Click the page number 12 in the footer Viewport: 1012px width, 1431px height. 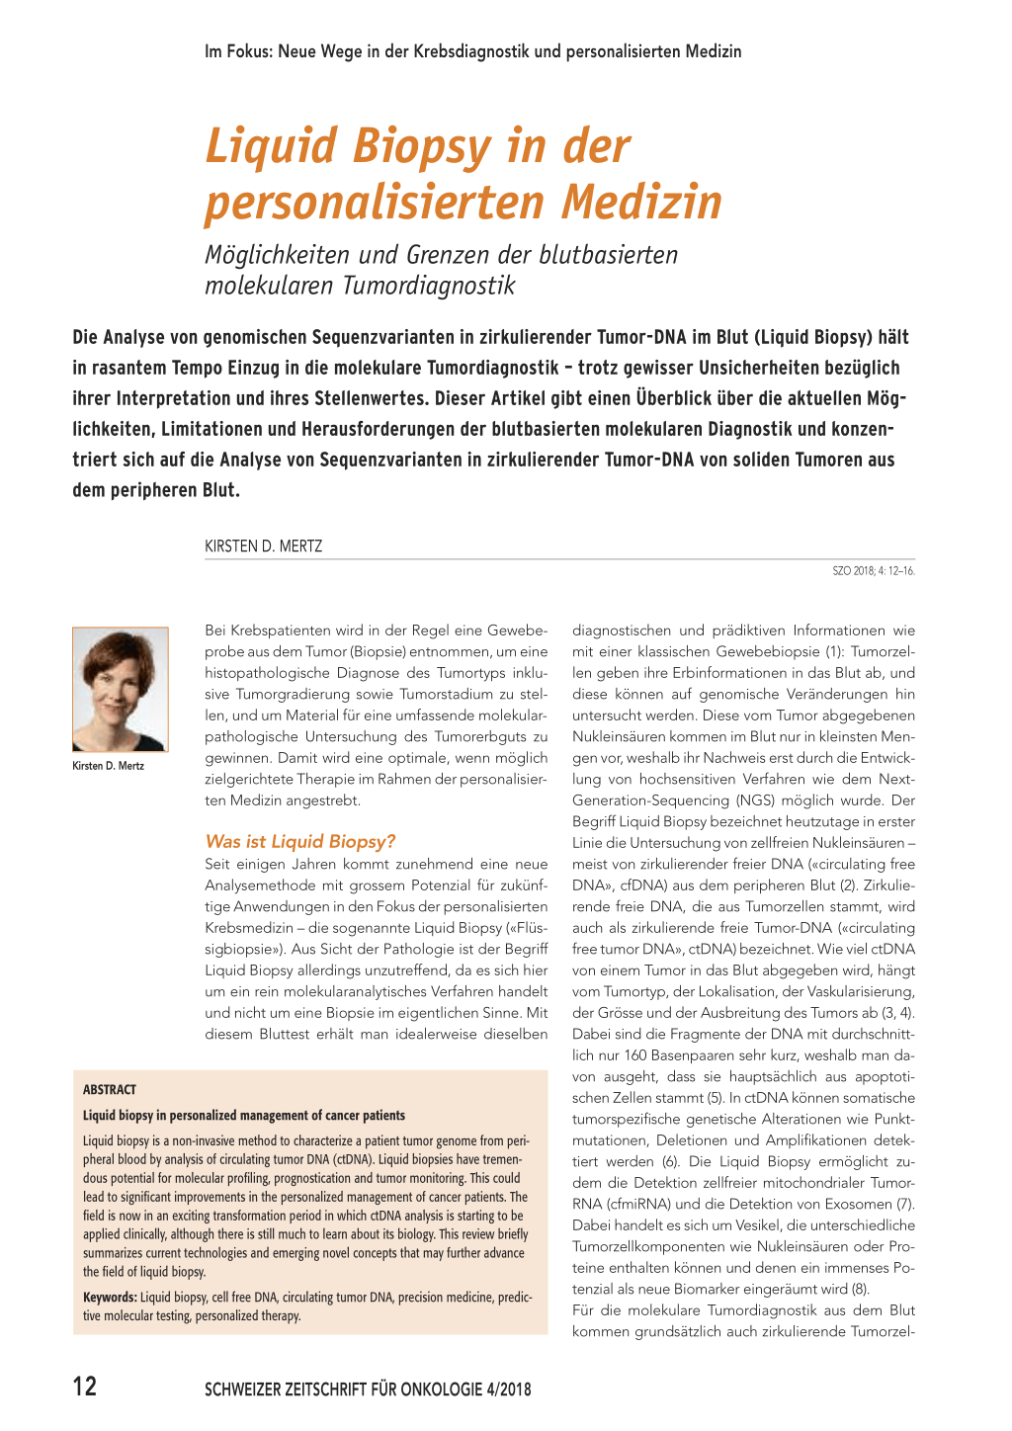[x=85, y=1387]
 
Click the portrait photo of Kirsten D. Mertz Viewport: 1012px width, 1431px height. [x=120, y=689]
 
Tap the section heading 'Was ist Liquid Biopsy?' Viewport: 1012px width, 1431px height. [x=299, y=841]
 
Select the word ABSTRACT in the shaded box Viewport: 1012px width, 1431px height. [x=110, y=1089]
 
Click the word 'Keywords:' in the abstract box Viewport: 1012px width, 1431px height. [x=110, y=1297]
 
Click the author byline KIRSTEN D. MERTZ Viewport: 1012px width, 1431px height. [x=263, y=546]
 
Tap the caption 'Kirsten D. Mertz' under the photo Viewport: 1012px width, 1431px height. [x=109, y=766]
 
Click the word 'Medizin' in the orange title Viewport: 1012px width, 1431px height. [x=642, y=203]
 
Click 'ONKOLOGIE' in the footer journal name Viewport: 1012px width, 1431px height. [x=441, y=1389]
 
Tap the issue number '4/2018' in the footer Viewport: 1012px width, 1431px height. [x=509, y=1389]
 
